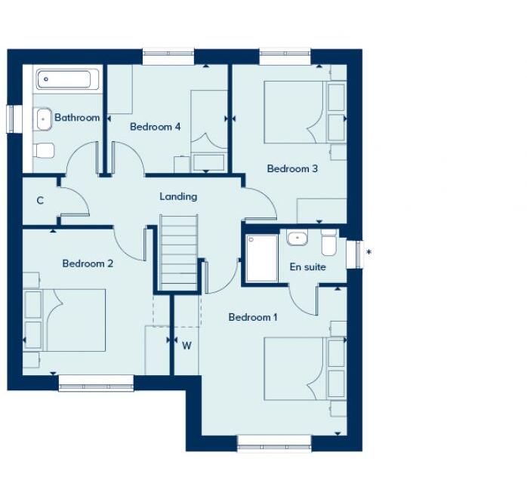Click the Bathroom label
tap(77, 118)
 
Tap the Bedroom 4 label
tap(155, 127)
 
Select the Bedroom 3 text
tap(292, 168)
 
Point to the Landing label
tap(178, 196)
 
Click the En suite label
tap(308, 266)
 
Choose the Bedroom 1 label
tap(253, 317)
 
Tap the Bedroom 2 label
tap(88, 263)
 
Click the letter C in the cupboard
tap(39, 201)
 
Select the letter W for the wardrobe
tap(186, 345)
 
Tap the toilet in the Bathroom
tap(43, 150)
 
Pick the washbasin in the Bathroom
tap(43, 118)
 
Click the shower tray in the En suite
tap(261, 258)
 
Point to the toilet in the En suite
tap(329, 243)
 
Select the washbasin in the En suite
tap(297, 239)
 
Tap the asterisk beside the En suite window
tap(368, 252)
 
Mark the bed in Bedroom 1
tap(297, 368)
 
